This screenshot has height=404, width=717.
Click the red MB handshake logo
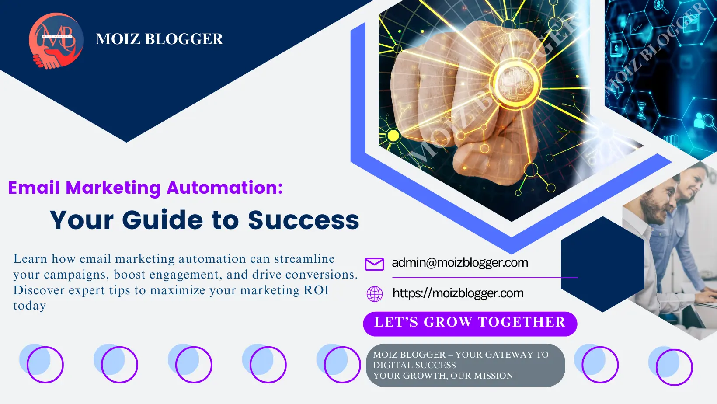[x=56, y=41]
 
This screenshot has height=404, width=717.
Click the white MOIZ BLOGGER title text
[x=159, y=39]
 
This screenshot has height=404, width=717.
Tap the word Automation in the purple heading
[x=225, y=188]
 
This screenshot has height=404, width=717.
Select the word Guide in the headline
[x=162, y=220]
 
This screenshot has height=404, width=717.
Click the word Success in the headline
[x=303, y=220]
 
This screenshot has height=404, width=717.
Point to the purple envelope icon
[x=375, y=264]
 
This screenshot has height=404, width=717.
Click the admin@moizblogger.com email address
[x=459, y=263]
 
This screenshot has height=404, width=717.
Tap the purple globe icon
[x=375, y=294]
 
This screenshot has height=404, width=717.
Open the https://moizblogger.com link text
[x=458, y=293]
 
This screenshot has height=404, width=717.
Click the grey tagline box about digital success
[x=466, y=365]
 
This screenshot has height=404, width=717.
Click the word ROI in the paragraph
[x=316, y=290]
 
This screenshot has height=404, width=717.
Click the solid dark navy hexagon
[x=602, y=264]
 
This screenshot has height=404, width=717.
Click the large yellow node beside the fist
[x=393, y=136]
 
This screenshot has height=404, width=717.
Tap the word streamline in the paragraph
[x=304, y=259]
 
